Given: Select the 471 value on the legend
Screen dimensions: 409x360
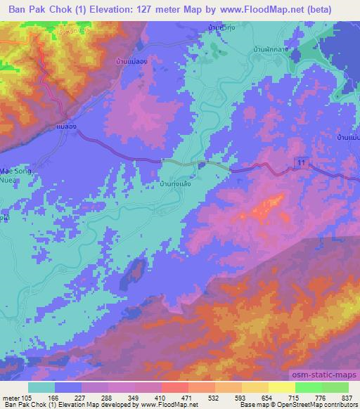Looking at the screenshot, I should pos(169,398).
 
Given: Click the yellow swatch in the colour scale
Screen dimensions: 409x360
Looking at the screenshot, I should pos(281,387).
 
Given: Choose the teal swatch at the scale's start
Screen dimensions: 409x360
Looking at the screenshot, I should pos(41,387).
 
